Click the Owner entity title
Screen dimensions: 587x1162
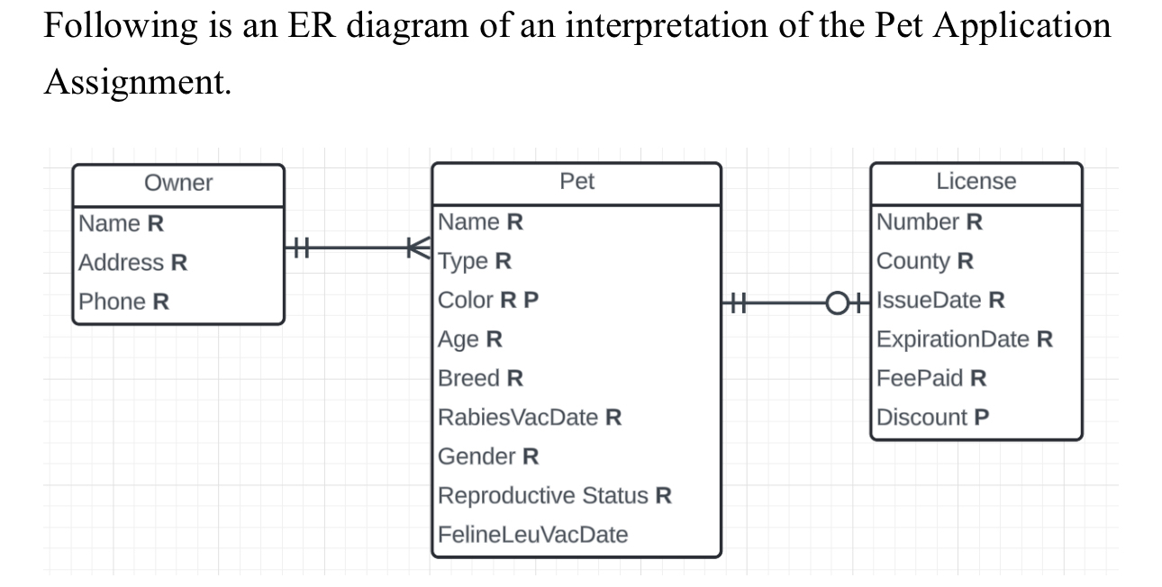click(178, 183)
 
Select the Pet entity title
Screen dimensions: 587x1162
click(576, 182)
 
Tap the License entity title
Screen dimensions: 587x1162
click(976, 182)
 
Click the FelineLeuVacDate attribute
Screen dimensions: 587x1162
click(532, 535)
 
